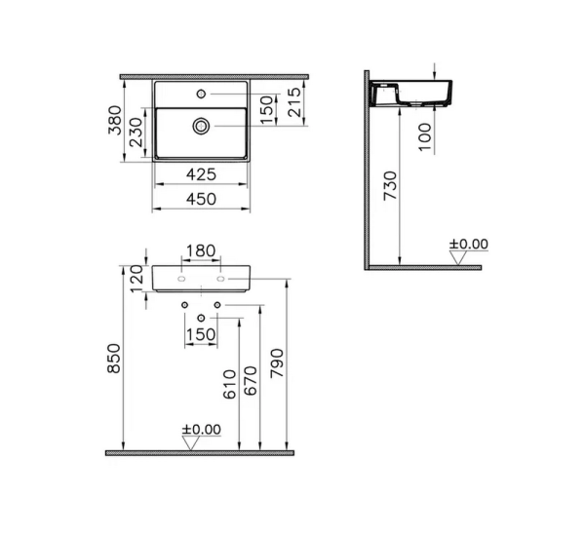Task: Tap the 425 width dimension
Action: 200,175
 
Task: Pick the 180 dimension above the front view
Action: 200,251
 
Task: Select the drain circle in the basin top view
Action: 201,125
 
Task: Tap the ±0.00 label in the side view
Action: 468,244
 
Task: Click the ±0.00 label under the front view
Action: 202,429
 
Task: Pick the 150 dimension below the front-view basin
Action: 200,334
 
